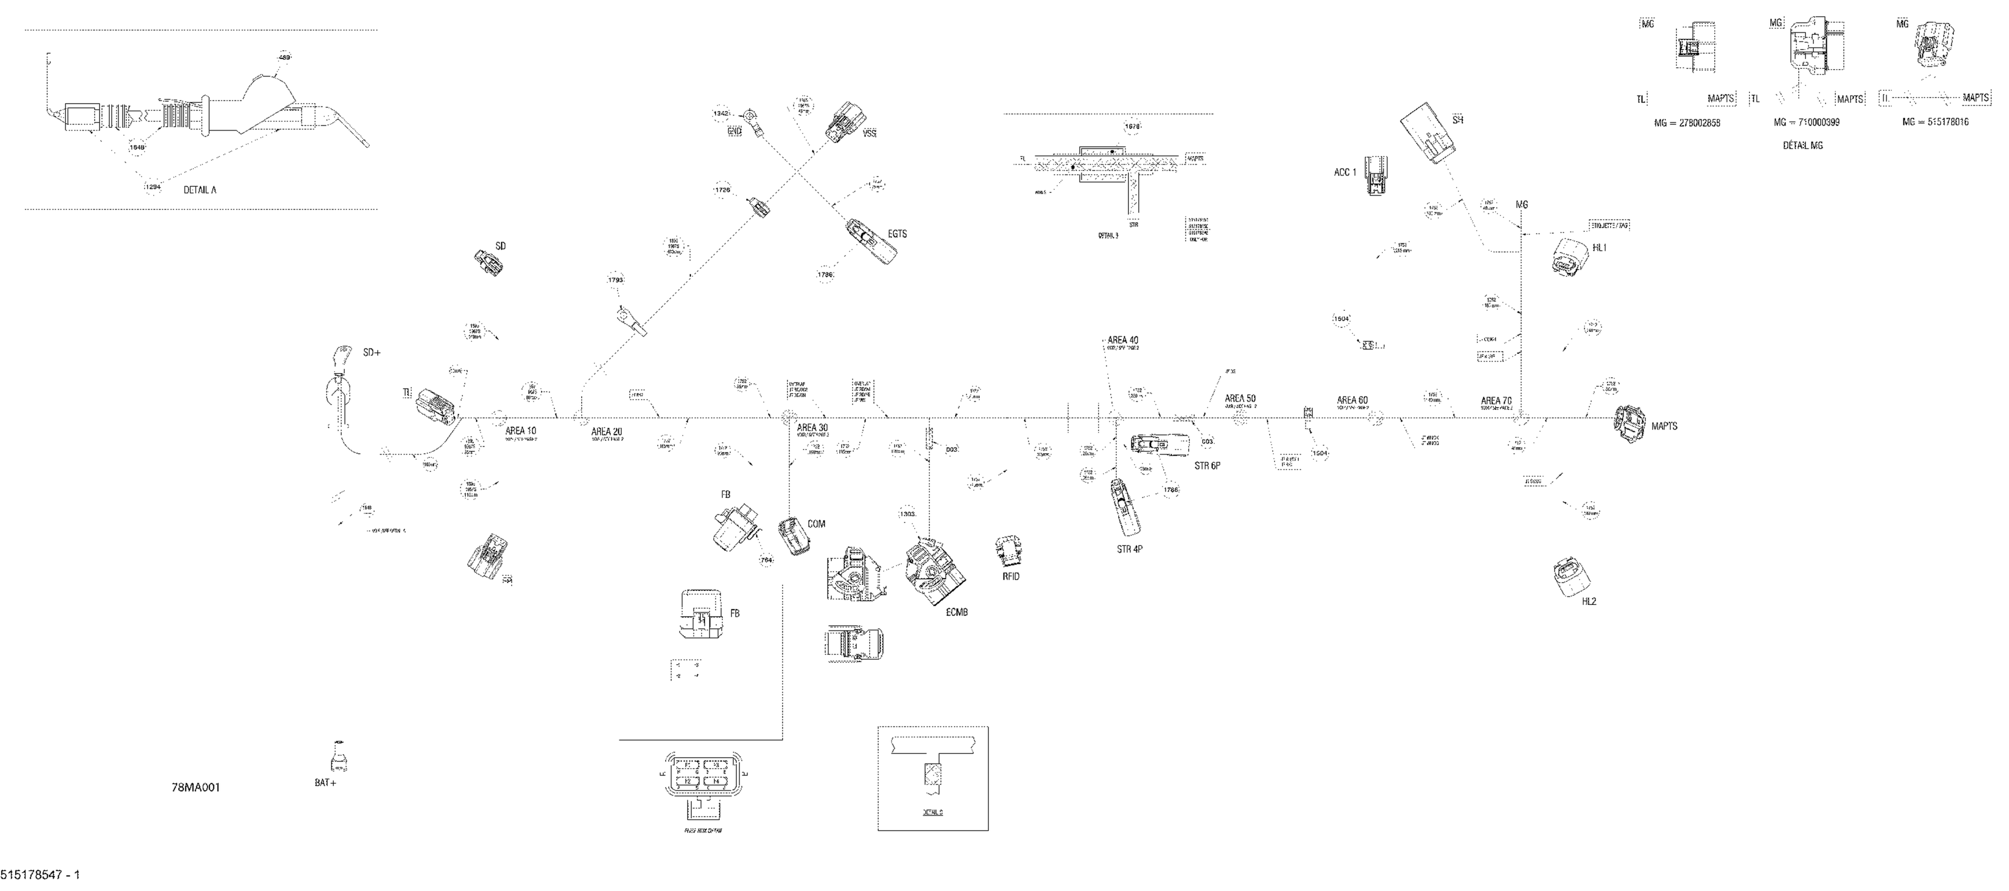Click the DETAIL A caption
click(200, 189)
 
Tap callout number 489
click(285, 57)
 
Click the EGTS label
click(897, 234)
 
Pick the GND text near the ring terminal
click(735, 131)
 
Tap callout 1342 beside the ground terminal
click(721, 114)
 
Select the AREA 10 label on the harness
click(521, 430)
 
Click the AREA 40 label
click(1123, 340)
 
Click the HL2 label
click(1589, 602)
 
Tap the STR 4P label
click(1129, 549)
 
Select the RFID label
click(1011, 576)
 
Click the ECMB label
click(956, 613)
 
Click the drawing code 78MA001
click(196, 787)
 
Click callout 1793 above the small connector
click(616, 279)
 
